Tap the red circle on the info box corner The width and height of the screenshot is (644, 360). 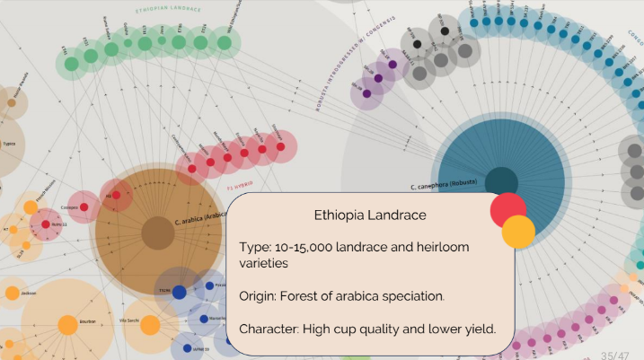click(x=507, y=210)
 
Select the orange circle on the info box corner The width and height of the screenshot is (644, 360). click(x=518, y=232)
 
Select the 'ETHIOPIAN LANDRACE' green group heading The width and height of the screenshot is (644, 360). click(x=168, y=10)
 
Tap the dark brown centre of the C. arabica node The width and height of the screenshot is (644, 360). click(x=158, y=233)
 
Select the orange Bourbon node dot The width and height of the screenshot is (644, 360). click(x=67, y=325)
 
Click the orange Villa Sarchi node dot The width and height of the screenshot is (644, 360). click(x=150, y=325)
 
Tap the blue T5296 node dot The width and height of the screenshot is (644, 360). click(x=179, y=292)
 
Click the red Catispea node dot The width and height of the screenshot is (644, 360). click(x=84, y=207)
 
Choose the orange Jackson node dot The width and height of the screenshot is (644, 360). click(x=13, y=293)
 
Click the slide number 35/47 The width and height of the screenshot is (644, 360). click(x=615, y=355)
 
